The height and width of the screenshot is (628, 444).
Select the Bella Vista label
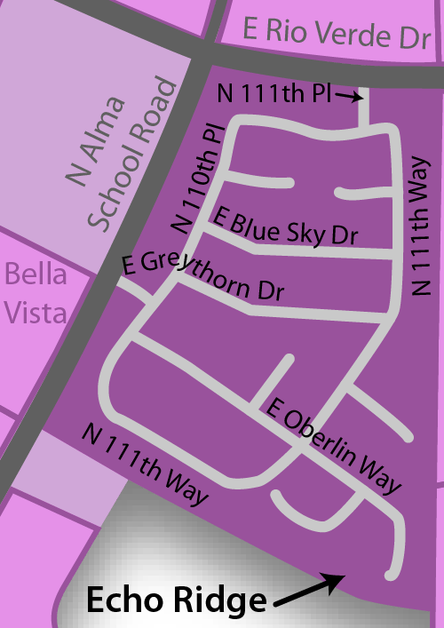coord(35,292)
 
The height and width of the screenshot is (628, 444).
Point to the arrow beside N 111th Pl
coord(352,95)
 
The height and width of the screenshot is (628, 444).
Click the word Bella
coord(36,274)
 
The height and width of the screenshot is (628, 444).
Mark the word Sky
coord(301,231)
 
